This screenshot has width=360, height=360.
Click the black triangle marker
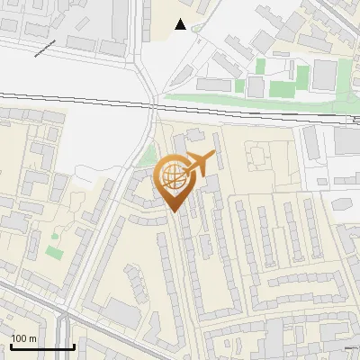pos(181,24)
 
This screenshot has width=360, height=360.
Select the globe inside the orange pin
pos(172,175)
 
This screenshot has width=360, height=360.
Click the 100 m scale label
pos(24,337)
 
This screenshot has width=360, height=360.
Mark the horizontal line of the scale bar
pos(41,346)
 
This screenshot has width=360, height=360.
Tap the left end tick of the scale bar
pos(11,345)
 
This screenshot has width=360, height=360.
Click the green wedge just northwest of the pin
pos(147,154)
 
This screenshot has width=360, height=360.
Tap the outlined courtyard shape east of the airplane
pos(256,159)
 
